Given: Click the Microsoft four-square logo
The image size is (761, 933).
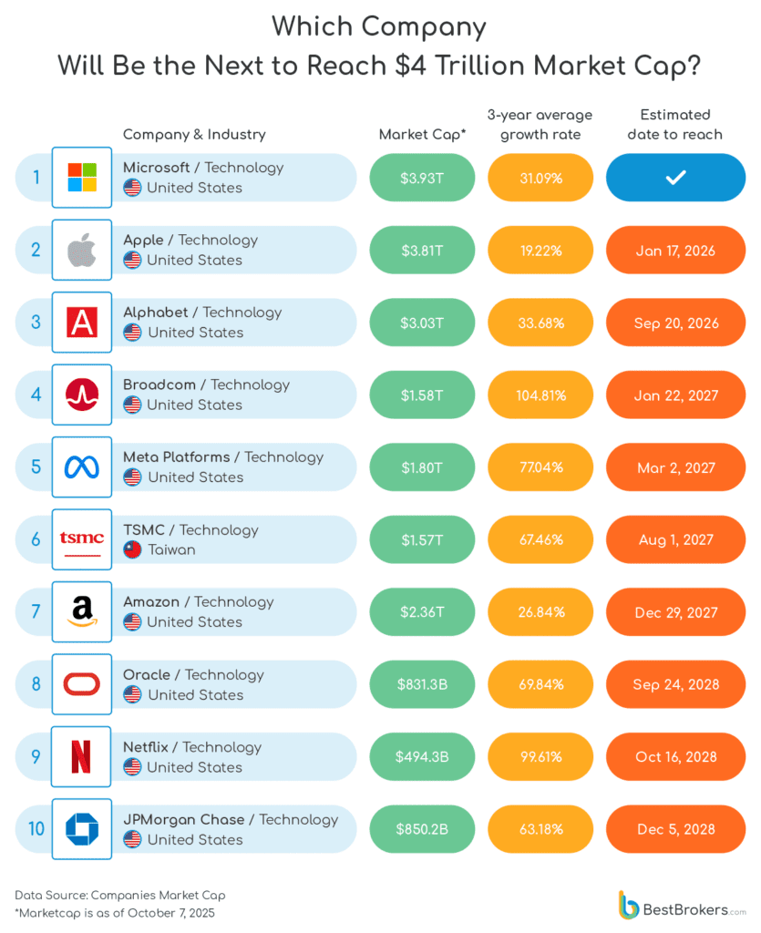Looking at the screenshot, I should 81,177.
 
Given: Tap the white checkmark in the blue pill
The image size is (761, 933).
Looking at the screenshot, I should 675,178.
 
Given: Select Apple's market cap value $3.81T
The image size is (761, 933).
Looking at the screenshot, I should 422,251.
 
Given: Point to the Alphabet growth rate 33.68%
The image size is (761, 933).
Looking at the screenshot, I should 541,323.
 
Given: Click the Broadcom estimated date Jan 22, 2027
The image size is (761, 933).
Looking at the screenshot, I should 675,395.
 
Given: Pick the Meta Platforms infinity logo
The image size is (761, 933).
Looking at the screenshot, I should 81,467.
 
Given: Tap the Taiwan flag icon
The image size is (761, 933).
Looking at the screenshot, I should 132,549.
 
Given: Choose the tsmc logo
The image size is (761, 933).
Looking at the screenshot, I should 81,539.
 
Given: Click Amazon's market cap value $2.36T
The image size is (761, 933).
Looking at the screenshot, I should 422,612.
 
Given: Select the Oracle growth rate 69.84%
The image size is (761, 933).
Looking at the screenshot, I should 541,684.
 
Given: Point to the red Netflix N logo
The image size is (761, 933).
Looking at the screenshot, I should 81,756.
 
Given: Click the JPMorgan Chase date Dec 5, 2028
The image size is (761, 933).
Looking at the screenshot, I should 675,829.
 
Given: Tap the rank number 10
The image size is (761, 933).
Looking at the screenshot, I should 36,829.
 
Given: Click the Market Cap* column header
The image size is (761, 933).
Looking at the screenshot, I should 422,135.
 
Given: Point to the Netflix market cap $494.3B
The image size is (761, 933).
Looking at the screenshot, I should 422,756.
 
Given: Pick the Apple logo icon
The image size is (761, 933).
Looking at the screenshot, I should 81,250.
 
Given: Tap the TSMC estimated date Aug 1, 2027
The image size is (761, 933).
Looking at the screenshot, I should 675,539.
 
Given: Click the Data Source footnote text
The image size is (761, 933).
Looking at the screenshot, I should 119,895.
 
